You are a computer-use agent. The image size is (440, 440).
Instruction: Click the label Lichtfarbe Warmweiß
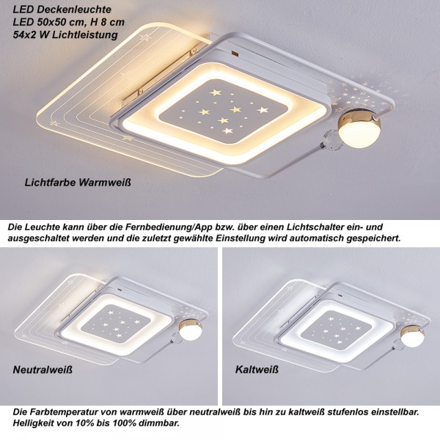78,183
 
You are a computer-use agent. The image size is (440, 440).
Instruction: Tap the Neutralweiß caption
43,370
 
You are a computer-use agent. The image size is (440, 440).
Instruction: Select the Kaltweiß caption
257,370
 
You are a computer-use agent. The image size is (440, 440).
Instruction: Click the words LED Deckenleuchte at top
62,10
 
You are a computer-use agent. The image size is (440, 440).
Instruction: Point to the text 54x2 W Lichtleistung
65,34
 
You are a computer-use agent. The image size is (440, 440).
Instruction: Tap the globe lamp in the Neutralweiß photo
191,331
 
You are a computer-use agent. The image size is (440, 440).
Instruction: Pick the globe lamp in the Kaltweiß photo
413,336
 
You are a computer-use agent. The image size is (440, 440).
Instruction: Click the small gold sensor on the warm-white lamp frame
235,53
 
